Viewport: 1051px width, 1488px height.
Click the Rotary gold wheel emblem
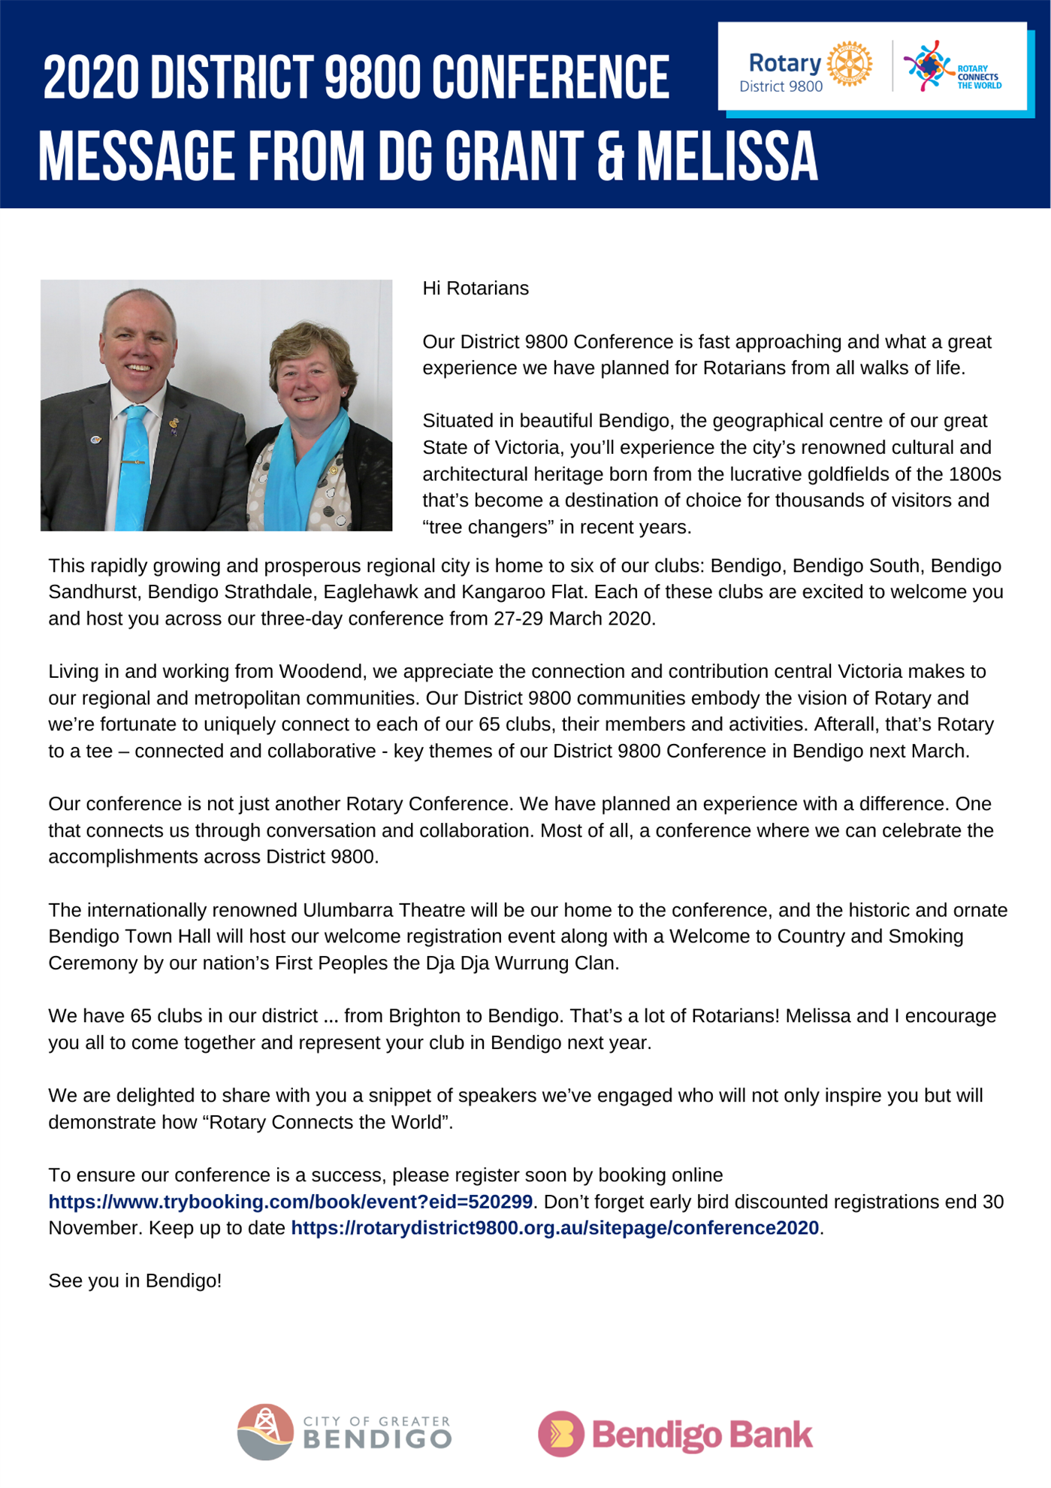tap(850, 65)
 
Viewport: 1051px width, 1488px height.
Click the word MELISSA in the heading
tap(727, 157)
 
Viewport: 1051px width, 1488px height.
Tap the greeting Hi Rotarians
tap(476, 289)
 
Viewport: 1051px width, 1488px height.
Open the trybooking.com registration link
tap(290, 1202)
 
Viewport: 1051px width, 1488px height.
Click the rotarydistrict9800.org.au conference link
tap(554, 1228)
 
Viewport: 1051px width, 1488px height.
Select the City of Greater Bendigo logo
tap(345, 1432)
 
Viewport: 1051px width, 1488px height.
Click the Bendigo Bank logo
tap(675, 1434)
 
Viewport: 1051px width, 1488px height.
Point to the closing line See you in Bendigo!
tap(135, 1281)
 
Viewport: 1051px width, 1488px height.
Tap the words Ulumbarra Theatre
tap(384, 910)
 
